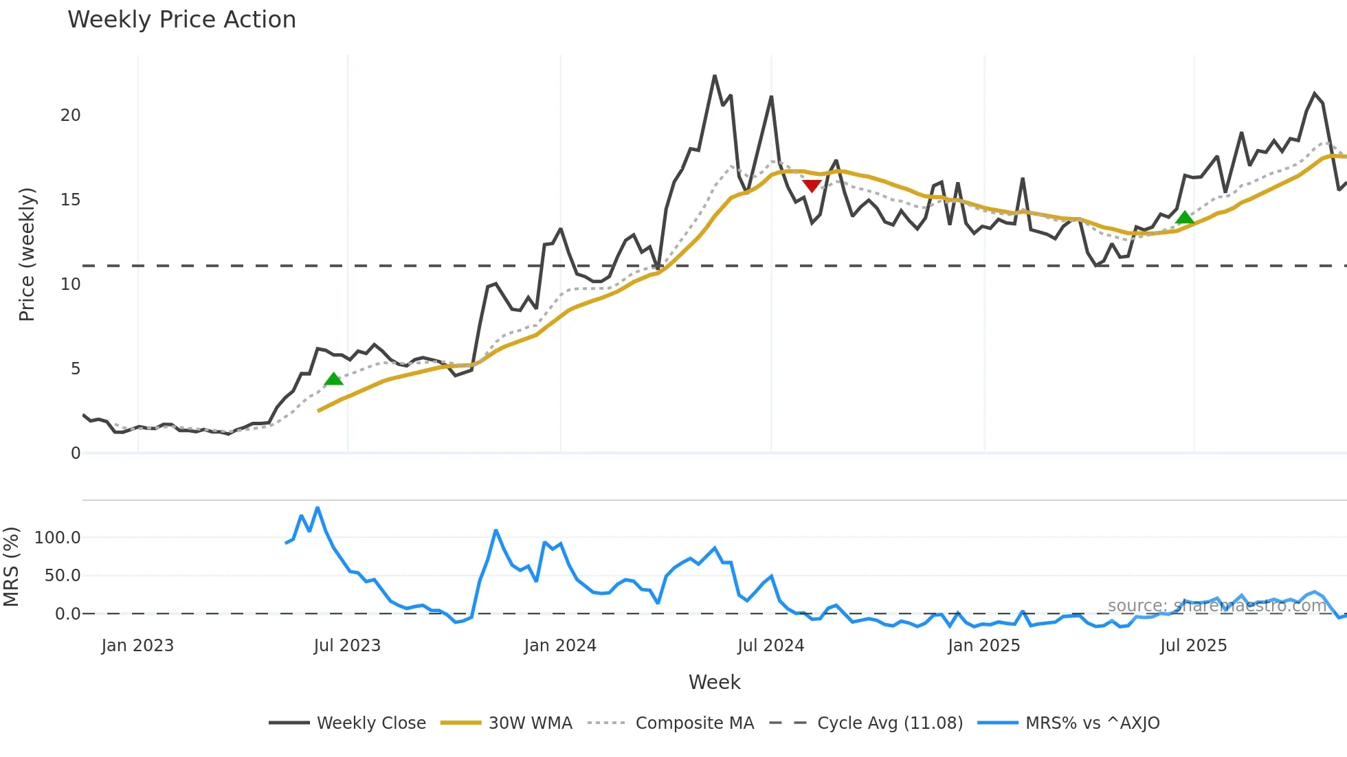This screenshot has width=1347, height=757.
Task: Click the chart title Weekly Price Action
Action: click(x=181, y=20)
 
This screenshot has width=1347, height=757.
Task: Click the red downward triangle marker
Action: click(x=812, y=185)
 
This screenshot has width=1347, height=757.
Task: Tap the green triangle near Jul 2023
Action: click(x=333, y=379)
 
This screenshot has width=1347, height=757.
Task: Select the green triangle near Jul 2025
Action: click(x=1185, y=218)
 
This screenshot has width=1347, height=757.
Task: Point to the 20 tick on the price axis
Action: click(x=70, y=115)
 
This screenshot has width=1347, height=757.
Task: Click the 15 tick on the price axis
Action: click(x=70, y=200)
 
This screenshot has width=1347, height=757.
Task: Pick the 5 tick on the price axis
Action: click(x=75, y=369)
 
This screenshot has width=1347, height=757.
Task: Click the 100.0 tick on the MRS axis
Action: click(x=57, y=538)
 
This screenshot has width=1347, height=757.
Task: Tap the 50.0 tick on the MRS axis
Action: click(x=62, y=576)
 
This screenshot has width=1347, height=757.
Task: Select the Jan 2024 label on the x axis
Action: click(x=560, y=646)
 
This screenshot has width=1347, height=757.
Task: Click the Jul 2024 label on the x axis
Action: click(x=770, y=646)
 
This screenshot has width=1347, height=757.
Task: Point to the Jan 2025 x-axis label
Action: click(x=983, y=646)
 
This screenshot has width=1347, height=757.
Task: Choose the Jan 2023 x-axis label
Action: click(x=137, y=646)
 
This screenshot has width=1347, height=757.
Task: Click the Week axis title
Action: click(x=714, y=682)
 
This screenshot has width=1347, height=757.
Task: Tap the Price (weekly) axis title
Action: click(x=27, y=254)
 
